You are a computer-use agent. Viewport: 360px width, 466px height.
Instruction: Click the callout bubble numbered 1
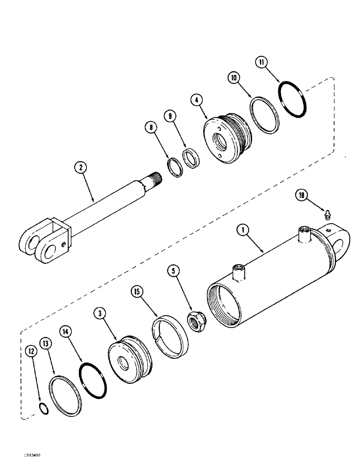(241, 229)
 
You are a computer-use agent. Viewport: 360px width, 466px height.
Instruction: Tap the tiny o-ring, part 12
(42, 408)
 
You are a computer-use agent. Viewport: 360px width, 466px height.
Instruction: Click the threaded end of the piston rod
(155, 178)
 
